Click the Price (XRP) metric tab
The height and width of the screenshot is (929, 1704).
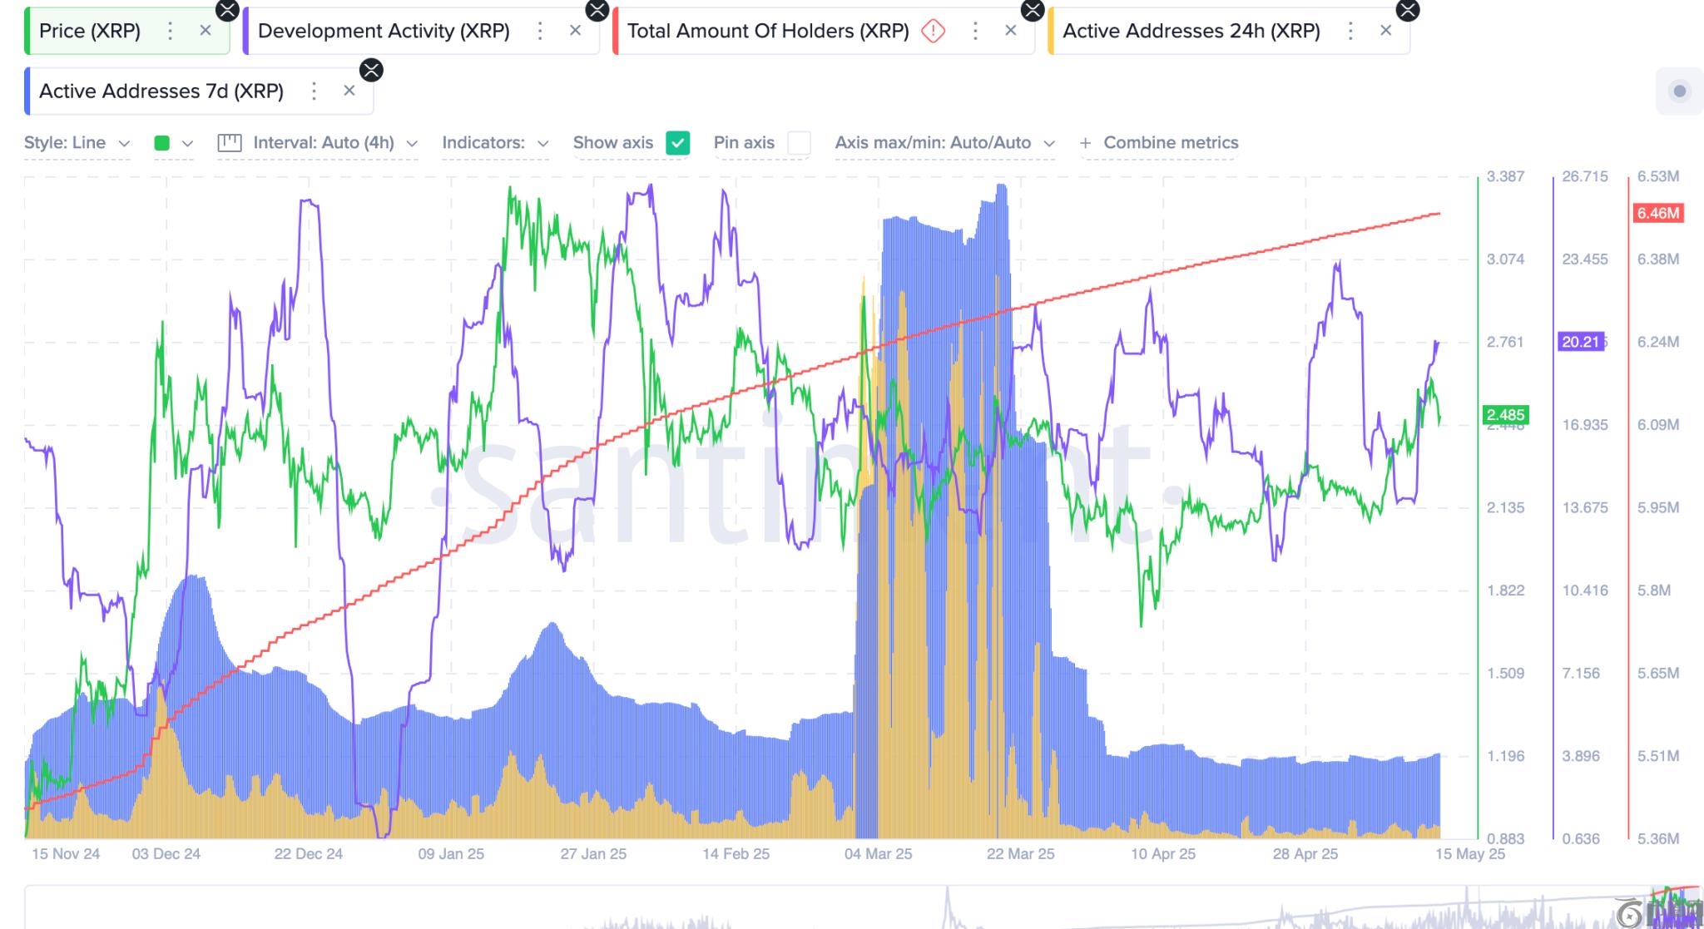pos(90,32)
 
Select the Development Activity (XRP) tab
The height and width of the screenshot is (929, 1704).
pos(384,32)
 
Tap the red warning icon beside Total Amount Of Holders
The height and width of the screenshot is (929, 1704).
pos(934,32)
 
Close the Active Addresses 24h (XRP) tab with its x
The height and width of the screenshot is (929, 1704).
pos(1385,31)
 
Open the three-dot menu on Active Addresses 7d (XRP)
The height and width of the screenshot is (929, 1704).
pos(314,91)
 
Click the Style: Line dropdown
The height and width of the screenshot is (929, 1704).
pos(77,143)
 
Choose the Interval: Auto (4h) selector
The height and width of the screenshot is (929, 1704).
pos(318,143)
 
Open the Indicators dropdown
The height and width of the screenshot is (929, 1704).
pos(495,143)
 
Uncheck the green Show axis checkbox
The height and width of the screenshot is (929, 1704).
pos(678,143)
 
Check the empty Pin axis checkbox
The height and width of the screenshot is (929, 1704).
pos(799,143)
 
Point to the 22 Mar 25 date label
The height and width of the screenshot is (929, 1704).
pos(1020,854)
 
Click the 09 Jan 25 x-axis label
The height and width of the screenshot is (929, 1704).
pos(451,854)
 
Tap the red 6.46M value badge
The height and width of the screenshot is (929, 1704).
pos(1657,213)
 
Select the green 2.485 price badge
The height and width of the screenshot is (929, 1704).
pos(1505,414)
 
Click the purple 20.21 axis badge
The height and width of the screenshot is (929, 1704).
pos(1580,342)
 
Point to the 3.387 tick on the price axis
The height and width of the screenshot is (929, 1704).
pos(1505,176)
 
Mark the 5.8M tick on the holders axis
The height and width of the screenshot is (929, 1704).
pos(1653,591)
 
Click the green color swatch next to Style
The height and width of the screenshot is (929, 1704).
pos(162,143)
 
